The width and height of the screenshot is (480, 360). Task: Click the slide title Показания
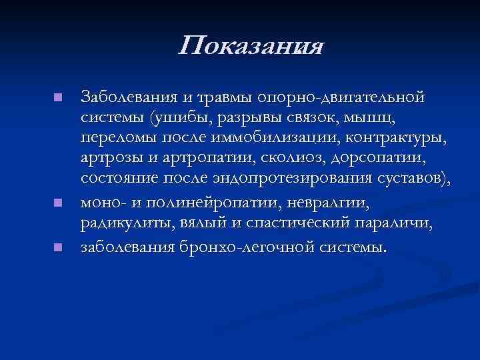point(251,47)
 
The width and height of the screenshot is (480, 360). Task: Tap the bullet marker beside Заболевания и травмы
point(58,98)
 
